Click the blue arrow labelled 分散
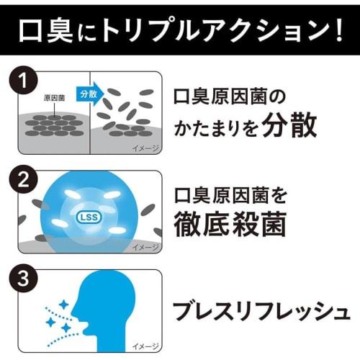point(89,94)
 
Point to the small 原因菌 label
point(55,96)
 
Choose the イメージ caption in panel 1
point(144,148)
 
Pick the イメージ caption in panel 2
point(144,247)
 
